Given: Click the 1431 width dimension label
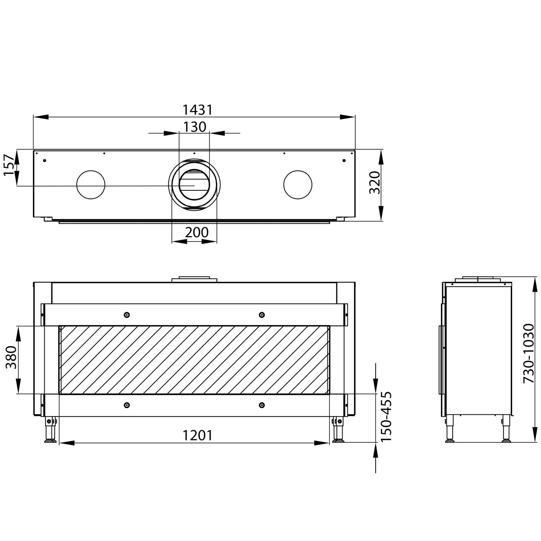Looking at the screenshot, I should click(x=197, y=110).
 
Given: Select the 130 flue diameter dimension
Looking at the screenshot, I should click(x=194, y=127).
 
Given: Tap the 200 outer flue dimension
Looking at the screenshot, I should click(x=197, y=232).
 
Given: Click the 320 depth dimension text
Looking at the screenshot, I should click(x=375, y=183).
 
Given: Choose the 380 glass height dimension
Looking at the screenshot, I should click(x=11, y=360).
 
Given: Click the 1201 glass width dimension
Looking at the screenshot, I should click(x=197, y=435).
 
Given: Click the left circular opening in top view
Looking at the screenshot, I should click(x=91, y=185).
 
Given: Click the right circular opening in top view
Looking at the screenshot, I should click(x=298, y=185).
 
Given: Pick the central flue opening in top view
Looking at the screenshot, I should click(x=194, y=185).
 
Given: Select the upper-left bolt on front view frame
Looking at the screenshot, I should click(x=127, y=314).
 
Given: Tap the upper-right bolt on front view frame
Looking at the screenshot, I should click(x=261, y=314).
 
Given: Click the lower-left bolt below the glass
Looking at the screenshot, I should click(x=127, y=405).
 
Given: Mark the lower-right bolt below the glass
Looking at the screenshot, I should click(x=261, y=405).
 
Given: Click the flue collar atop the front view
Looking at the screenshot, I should click(x=194, y=279).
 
